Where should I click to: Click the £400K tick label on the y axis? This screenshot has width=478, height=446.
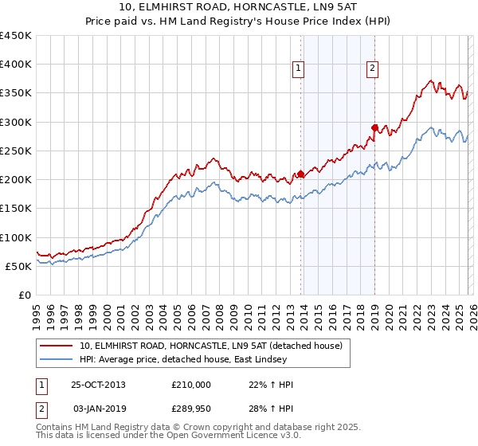tap(16, 65)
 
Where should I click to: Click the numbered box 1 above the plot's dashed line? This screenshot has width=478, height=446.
tap(298, 69)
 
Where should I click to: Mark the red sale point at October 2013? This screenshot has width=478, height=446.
tap(300, 174)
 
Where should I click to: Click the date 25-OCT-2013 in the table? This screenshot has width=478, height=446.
tap(99, 385)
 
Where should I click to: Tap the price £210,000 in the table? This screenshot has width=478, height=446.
tap(191, 385)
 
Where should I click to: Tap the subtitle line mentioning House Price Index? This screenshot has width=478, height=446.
tap(238, 22)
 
